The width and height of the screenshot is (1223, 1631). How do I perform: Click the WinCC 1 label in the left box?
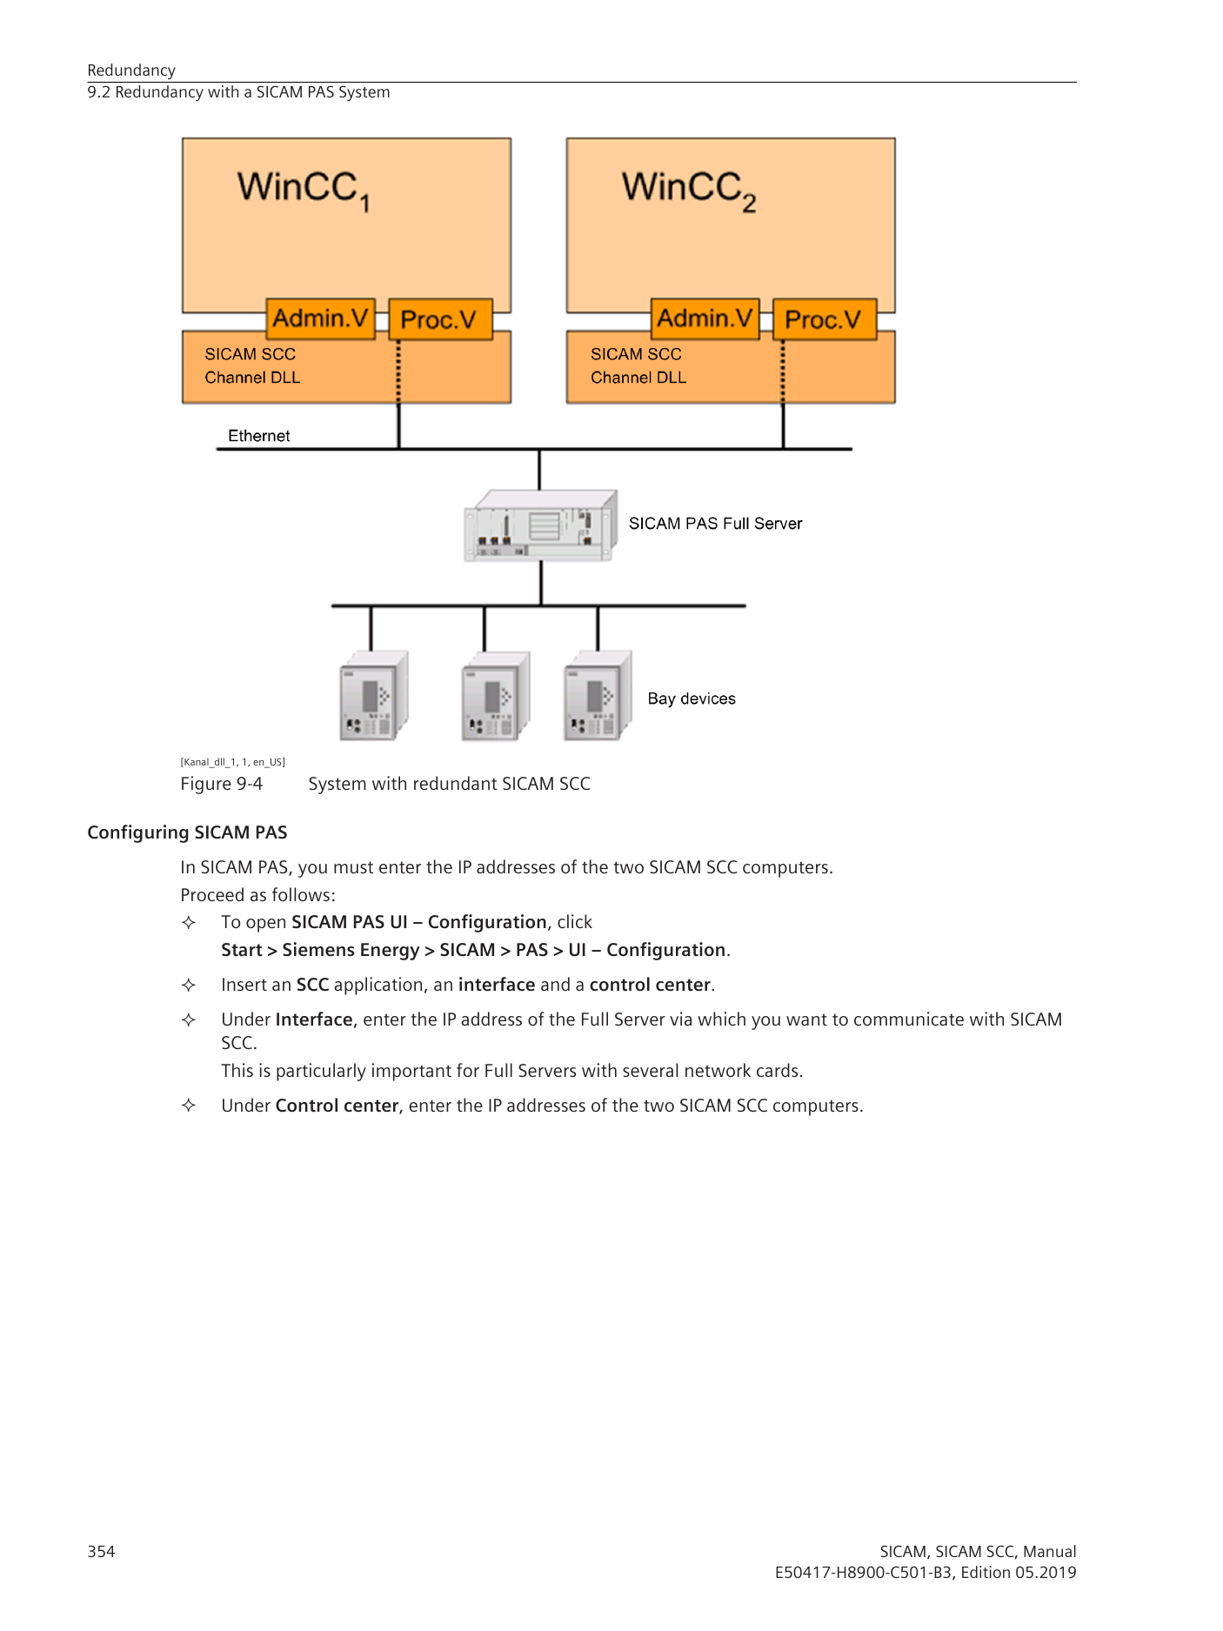[x=304, y=191]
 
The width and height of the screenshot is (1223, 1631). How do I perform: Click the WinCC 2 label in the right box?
[x=689, y=191]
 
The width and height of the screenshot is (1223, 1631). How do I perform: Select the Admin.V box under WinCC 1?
[x=320, y=318]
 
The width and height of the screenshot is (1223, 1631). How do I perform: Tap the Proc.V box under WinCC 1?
[x=440, y=319]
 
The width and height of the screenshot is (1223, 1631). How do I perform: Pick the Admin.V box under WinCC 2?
[x=705, y=318]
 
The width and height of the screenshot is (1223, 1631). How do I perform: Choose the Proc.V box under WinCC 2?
[x=824, y=319]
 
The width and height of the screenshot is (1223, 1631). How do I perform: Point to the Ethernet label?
[x=258, y=436]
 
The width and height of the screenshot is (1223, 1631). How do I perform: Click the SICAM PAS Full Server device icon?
[x=540, y=525]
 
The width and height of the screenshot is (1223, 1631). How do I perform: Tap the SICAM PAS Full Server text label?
[x=715, y=524]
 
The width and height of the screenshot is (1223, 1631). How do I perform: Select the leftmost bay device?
[x=373, y=695]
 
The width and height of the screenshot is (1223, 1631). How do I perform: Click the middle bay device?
[x=495, y=696]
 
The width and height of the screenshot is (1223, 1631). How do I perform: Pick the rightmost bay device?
[x=598, y=695]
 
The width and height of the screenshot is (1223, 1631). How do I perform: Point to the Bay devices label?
[x=692, y=699]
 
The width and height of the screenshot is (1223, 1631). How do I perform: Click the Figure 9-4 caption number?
[x=221, y=784]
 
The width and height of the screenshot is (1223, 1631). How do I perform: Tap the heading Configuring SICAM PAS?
[x=187, y=832]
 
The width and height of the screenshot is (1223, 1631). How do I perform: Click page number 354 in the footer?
[x=101, y=1551]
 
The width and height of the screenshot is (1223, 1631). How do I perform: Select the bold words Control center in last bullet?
[x=337, y=1106]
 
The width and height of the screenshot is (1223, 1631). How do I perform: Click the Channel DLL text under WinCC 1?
[x=252, y=378]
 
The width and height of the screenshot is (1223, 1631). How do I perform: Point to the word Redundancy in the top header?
[x=131, y=70]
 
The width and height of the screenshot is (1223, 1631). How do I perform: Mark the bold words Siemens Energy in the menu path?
[x=351, y=950]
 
